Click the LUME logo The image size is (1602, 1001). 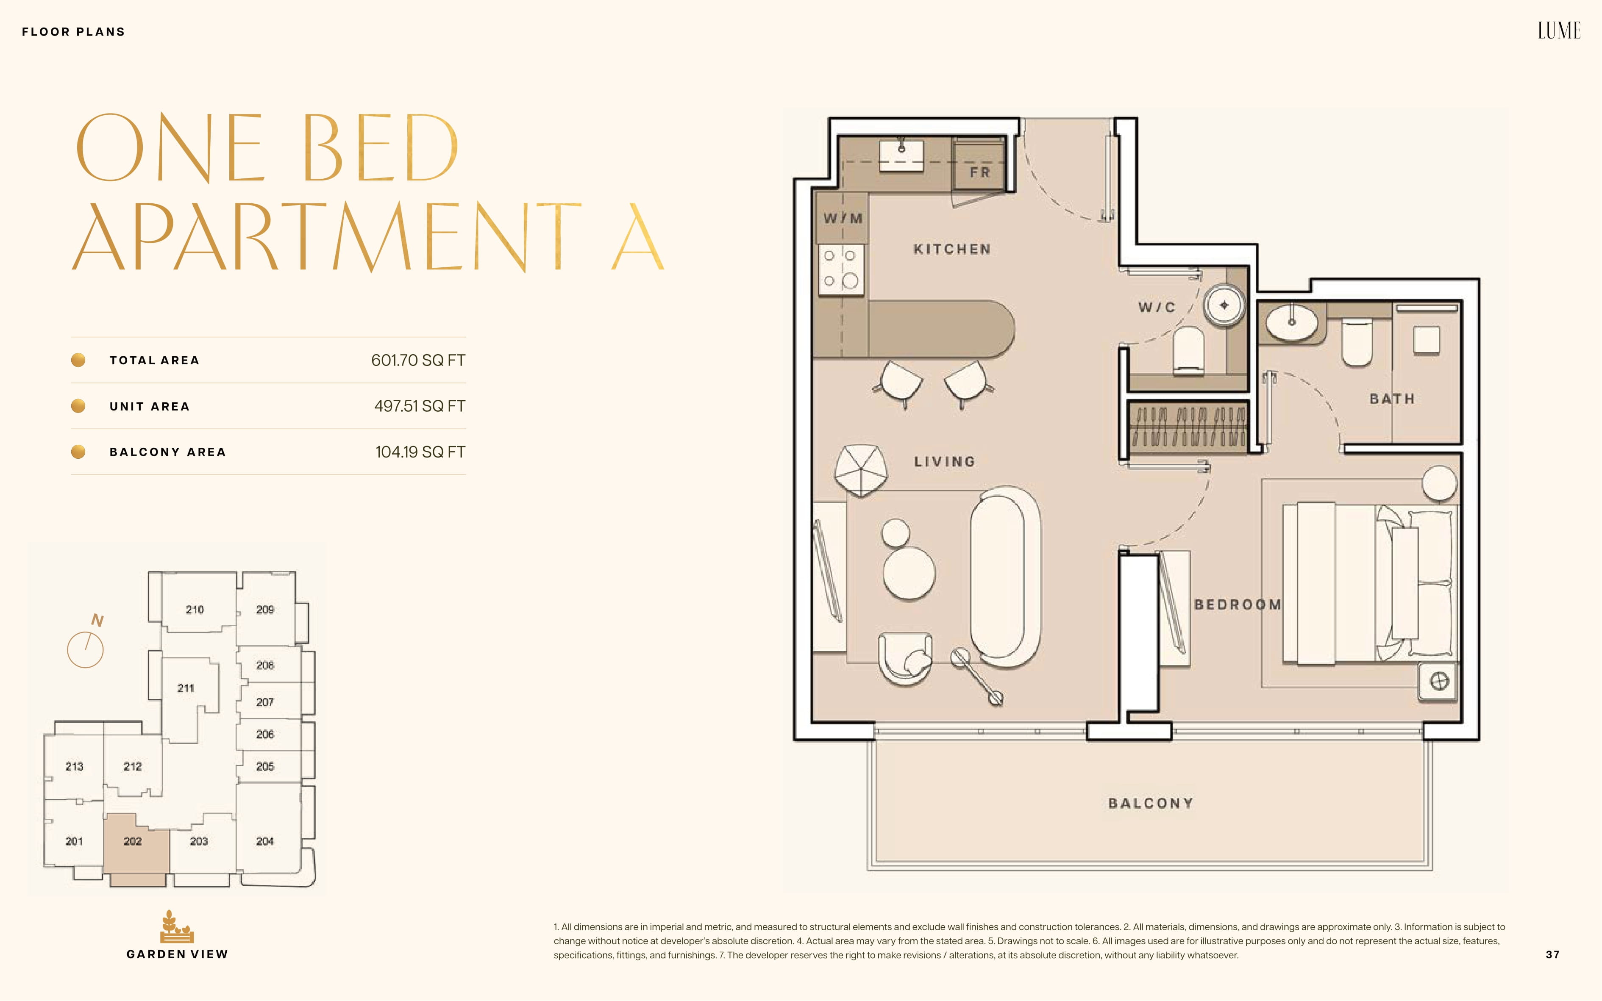pos(1559,31)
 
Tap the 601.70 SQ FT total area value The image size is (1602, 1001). pos(418,360)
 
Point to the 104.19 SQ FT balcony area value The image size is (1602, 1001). pos(420,452)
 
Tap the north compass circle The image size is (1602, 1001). pos(86,649)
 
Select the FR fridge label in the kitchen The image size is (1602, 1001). pos(979,172)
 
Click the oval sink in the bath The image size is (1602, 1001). pos(1291,322)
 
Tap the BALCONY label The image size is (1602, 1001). pos(1150,803)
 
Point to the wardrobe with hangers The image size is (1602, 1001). pos(1188,426)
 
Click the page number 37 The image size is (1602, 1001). pos(1552,954)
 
